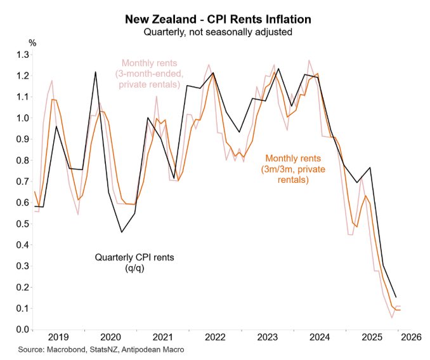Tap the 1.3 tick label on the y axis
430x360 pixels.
[22, 55]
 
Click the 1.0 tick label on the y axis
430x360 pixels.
[22, 118]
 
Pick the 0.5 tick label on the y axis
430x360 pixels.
[22, 223]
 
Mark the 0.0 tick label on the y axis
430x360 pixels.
[22, 330]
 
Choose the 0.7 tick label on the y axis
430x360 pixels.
[22, 182]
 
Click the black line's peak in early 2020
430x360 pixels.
[95, 72]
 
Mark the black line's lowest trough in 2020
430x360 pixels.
[122, 232]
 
